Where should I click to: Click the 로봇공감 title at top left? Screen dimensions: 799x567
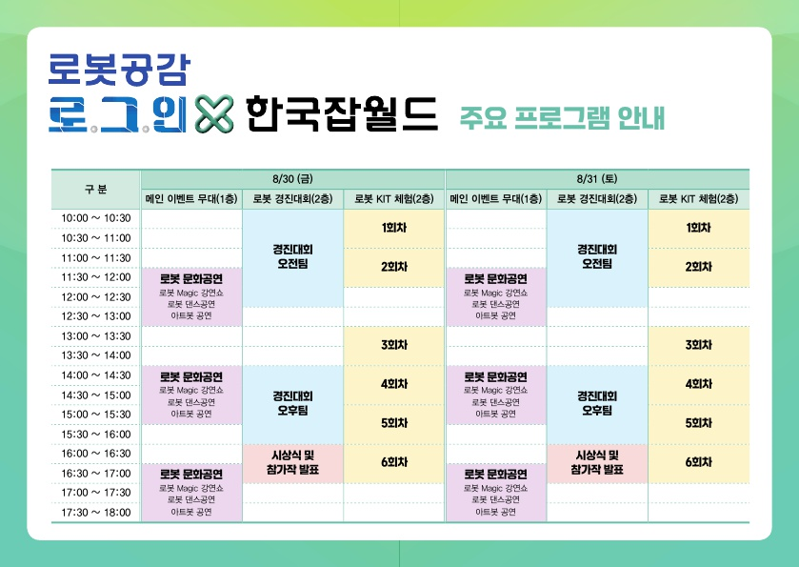119,70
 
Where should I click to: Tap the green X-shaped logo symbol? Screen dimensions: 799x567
214,113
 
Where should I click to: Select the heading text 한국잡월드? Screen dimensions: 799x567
342,113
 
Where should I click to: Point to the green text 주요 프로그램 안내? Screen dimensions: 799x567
563,118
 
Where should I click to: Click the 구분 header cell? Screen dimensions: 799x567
96,190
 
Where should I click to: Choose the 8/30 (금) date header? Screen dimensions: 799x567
292,179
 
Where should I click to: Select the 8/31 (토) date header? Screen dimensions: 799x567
597,179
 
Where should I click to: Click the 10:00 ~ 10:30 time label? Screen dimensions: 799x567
96,218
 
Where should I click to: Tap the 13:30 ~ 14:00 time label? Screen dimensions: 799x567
96,355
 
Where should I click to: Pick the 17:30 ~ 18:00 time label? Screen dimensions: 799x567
96,513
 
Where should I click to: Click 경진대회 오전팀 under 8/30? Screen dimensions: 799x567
292,256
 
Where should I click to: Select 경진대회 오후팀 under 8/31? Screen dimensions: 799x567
597,403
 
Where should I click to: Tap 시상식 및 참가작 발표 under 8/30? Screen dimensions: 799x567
292,462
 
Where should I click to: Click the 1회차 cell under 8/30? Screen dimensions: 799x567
394,228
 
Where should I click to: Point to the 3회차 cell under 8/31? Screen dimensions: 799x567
699,345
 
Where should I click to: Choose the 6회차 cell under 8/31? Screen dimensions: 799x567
699,462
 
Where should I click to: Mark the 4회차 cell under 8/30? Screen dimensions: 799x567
394,384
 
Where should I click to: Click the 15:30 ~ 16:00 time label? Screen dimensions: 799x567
96,435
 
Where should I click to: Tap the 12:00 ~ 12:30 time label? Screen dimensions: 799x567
96,297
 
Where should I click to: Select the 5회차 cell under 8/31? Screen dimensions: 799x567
699,423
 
